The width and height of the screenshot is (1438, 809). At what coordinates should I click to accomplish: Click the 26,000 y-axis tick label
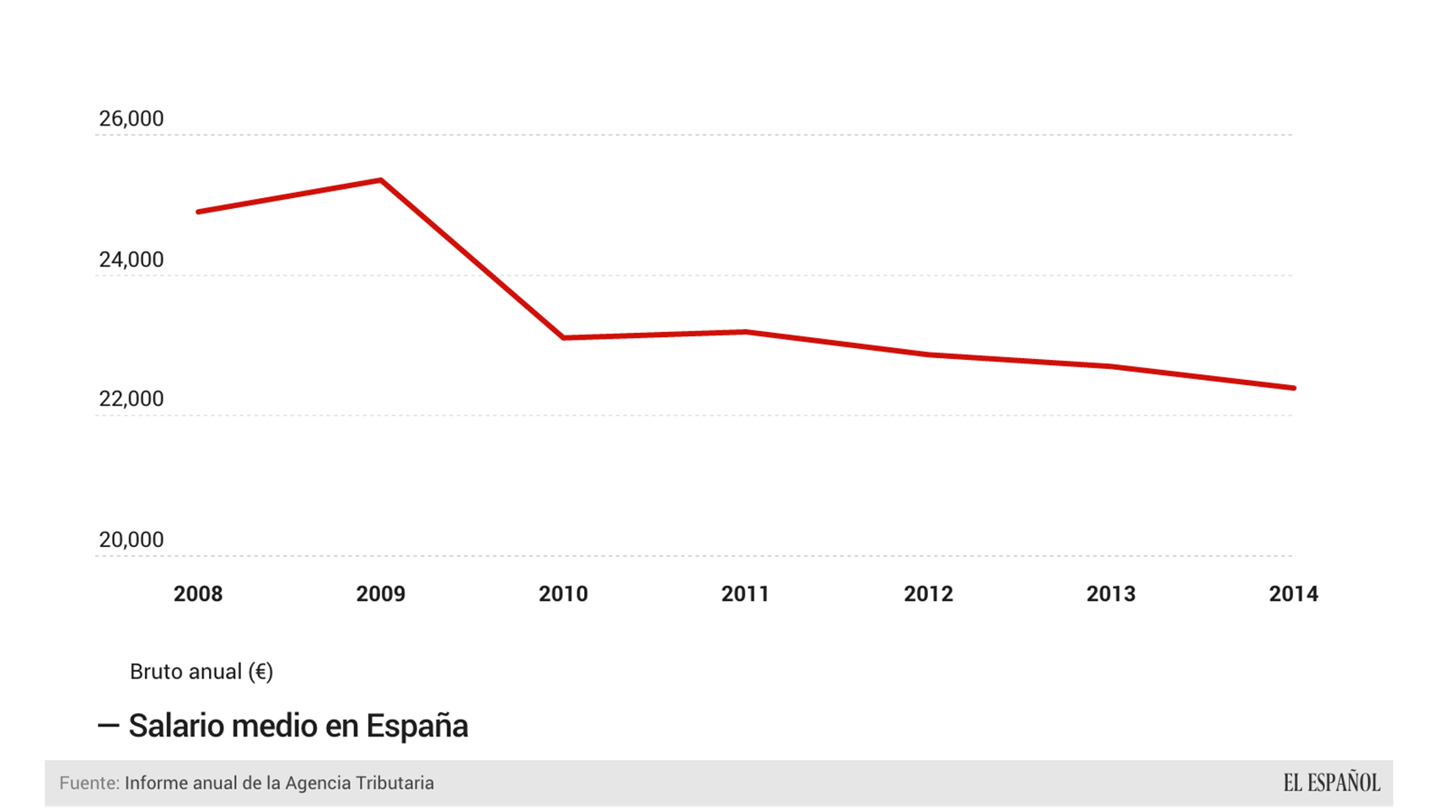point(131,119)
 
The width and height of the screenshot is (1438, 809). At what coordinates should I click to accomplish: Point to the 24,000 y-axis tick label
point(131,260)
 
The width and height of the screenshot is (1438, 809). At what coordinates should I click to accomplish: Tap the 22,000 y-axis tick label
point(131,399)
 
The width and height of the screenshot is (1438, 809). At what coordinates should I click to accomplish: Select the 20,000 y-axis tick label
point(131,539)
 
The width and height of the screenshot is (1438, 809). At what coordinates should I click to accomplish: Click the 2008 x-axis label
point(198,594)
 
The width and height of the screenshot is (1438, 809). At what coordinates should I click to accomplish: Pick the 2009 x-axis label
point(381,594)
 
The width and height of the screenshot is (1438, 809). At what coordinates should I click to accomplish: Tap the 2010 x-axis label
point(563,594)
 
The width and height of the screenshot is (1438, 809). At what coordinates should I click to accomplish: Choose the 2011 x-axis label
point(746,594)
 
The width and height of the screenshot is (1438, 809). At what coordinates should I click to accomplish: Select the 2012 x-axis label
point(928,594)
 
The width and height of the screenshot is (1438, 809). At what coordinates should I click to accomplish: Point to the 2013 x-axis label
point(1111,594)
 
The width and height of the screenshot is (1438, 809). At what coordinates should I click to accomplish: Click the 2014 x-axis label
point(1293,594)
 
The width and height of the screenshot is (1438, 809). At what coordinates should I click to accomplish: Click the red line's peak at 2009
point(381,180)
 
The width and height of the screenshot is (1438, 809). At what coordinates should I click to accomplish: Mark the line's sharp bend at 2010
point(563,337)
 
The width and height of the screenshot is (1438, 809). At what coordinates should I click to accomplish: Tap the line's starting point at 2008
point(199,212)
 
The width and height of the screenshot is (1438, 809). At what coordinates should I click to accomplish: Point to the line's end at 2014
point(1293,388)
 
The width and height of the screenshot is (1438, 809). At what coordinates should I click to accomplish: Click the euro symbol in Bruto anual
point(261,672)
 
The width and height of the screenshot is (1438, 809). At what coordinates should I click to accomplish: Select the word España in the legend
point(417,726)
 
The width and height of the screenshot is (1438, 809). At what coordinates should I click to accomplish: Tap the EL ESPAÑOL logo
point(1331,783)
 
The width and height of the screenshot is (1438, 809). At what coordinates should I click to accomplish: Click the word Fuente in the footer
point(89,783)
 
